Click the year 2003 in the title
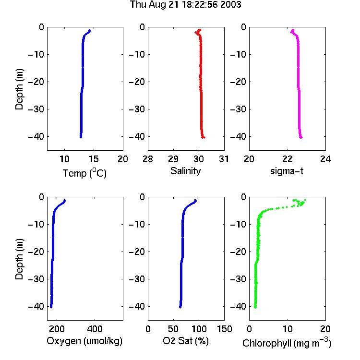(x=230, y=5)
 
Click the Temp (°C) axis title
(x=84, y=173)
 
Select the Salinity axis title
(x=185, y=171)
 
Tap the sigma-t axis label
(x=287, y=171)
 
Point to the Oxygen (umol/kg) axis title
(x=84, y=341)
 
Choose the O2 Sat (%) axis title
(x=185, y=341)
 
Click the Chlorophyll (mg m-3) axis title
(x=287, y=343)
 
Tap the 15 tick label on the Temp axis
(x=94, y=159)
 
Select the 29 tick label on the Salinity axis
(x=173, y=159)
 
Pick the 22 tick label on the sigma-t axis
(x=287, y=159)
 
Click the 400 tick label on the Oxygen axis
(x=95, y=329)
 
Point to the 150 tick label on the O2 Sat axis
(x=224, y=329)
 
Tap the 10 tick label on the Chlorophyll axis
(x=287, y=329)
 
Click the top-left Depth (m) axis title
(x=19, y=89)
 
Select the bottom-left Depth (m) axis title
(x=19, y=259)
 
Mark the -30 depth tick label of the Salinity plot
(x=137, y=109)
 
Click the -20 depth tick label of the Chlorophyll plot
(x=238, y=252)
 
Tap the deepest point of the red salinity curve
(x=204, y=138)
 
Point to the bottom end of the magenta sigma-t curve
(x=301, y=138)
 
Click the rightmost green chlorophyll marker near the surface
(x=305, y=200)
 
